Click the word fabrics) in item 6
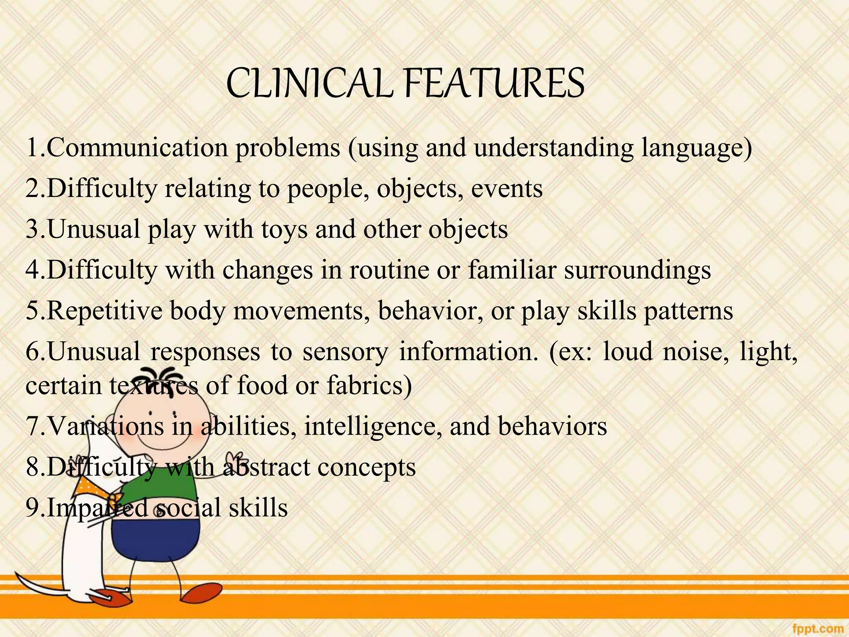pos(369,385)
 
